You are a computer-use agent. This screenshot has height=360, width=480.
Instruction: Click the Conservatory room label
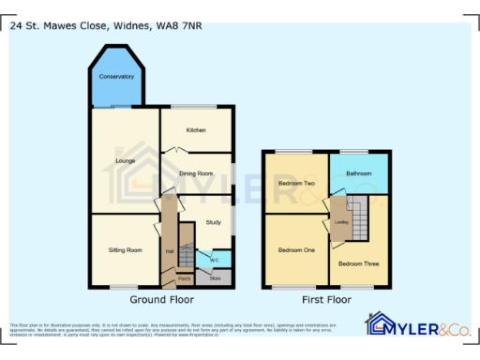pyautogui.click(x=117, y=76)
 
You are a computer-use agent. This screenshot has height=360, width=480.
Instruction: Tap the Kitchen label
pyautogui.click(x=196, y=130)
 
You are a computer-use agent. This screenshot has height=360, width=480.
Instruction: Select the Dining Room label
pyautogui.click(x=196, y=172)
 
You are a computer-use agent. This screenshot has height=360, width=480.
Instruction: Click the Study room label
pyautogui.click(x=213, y=222)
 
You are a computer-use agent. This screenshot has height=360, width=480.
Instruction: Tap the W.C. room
pyautogui.click(x=215, y=260)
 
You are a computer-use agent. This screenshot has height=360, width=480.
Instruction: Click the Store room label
pyautogui.click(x=215, y=278)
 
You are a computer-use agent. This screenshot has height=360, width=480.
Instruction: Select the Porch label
pyautogui.click(x=185, y=279)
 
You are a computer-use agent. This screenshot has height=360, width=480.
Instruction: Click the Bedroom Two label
pyautogui.click(x=296, y=184)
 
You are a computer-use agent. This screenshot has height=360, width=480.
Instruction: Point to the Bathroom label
pyautogui.click(x=359, y=173)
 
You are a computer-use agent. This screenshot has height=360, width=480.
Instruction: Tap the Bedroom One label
pyautogui.click(x=296, y=251)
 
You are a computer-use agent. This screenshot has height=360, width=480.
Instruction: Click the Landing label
pyautogui.click(x=342, y=222)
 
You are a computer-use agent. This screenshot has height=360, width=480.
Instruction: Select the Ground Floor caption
pyautogui.click(x=161, y=300)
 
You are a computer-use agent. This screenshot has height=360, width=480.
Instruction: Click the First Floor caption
pyautogui.click(x=326, y=300)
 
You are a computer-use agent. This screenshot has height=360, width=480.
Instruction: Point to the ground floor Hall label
pyautogui.click(x=170, y=251)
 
